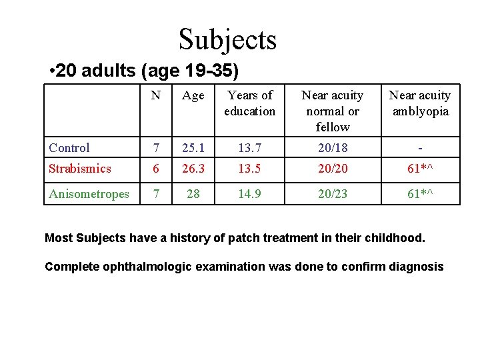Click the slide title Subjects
click(x=227, y=39)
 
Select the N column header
click(x=155, y=95)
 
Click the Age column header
click(x=193, y=96)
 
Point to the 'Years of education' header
click(x=249, y=103)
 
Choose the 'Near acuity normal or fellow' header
click(x=333, y=111)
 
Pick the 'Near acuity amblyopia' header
click(x=419, y=103)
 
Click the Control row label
click(x=69, y=148)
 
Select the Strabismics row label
click(x=80, y=169)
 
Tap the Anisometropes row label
click(x=89, y=194)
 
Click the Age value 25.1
click(x=193, y=148)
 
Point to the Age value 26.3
click(x=193, y=169)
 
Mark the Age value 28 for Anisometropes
click(x=193, y=194)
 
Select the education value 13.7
click(x=249, y=148)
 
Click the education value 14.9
click(x=249, y=194)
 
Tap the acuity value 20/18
click(x=333, y=148)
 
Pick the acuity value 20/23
click(x=333, y=194)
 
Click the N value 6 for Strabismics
click(x=156, y=169)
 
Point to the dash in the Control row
click(x=420, y=148)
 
